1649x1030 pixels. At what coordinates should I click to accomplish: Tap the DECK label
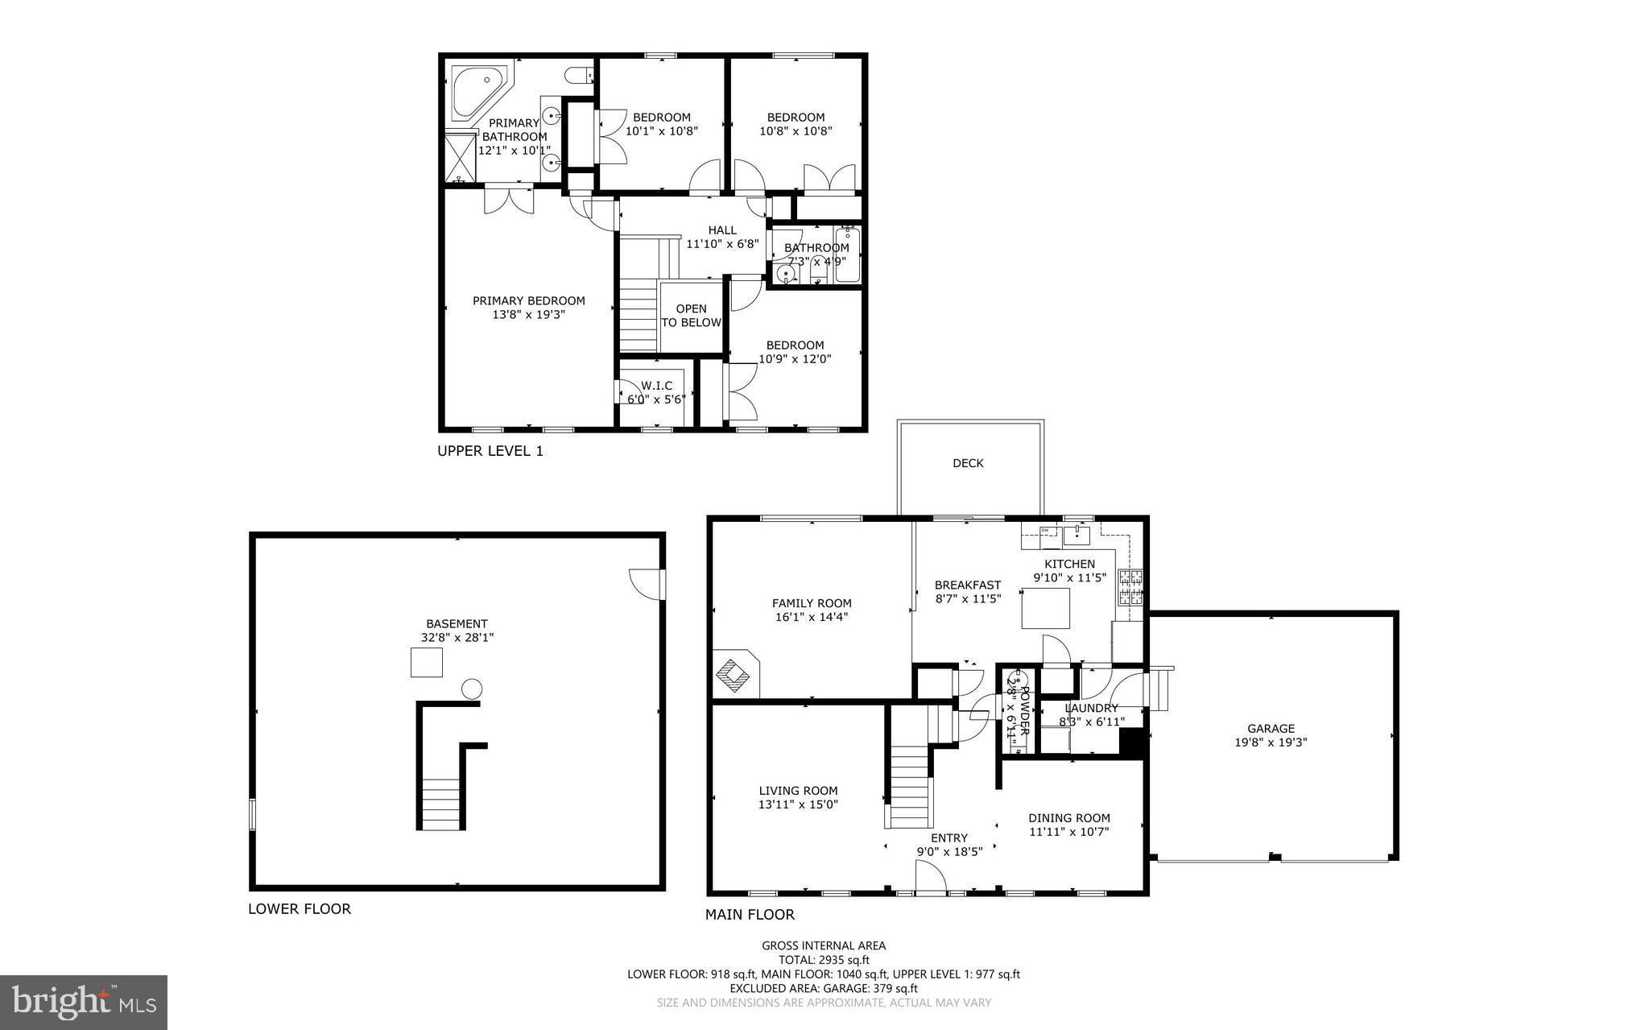tap(968, 463)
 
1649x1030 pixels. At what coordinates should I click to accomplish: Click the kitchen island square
tap(1046, 608)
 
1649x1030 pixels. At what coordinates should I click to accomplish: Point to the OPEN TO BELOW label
tap(691, 316)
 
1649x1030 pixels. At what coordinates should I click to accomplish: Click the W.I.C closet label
tap(656, 386)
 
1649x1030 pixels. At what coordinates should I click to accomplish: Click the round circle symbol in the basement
tap(471, 689)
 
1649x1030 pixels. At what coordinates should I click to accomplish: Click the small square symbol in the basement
tap(427, 663)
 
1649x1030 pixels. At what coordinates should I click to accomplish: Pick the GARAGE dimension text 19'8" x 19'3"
tap(1271, 743)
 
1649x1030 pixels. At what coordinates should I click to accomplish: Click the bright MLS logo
tap(84, 1002)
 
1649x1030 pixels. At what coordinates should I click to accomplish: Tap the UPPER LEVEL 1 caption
tap(490, 451)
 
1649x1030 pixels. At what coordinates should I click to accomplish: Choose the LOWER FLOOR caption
tap(300, 909)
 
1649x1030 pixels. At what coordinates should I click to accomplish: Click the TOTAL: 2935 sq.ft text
tap(824, 960)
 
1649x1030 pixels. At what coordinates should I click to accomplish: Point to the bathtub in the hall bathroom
tap(848, 255)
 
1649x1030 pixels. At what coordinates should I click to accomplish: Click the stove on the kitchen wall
tap(1130, 587)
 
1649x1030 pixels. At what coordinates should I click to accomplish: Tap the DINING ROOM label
tap(1069, 818)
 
